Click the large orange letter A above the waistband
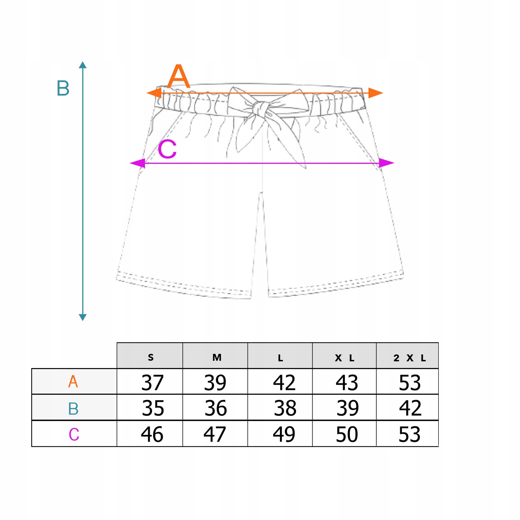coord(179,77)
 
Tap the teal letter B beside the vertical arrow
coord(63,88)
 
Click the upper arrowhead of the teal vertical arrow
coord(83,65)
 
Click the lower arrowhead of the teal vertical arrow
coord(83,317)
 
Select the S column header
coord(151,357)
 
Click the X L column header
coord(344,358)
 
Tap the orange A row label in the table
coord(73,382)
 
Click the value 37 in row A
coord(152,382)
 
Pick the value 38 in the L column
coord(285,408)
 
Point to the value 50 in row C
coord(347,434)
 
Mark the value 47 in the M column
coord(215,434)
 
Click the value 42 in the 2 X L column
coord(410,408)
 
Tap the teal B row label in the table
coord(73,408)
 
